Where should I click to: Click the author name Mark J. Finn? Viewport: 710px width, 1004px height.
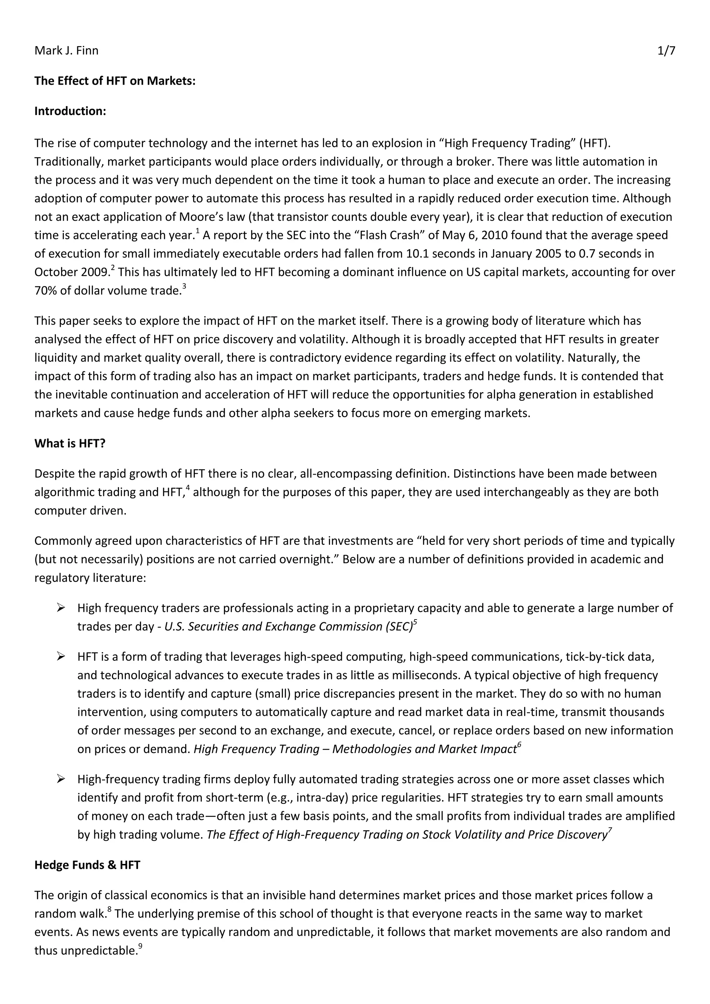coord(67,51)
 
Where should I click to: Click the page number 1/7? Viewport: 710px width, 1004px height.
coord(666,51)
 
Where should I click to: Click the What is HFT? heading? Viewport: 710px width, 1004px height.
coord(70,443)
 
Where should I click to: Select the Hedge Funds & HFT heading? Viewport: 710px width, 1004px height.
coord(87,865)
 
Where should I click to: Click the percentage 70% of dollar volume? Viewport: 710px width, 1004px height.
coord(44,291)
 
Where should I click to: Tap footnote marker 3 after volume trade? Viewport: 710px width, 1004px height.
coord(184,286)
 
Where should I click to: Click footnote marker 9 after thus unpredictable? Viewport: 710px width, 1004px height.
coord(140,947)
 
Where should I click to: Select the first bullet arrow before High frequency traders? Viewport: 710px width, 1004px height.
coord(61,608)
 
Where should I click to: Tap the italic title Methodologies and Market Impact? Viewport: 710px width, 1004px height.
coord(424,749)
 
